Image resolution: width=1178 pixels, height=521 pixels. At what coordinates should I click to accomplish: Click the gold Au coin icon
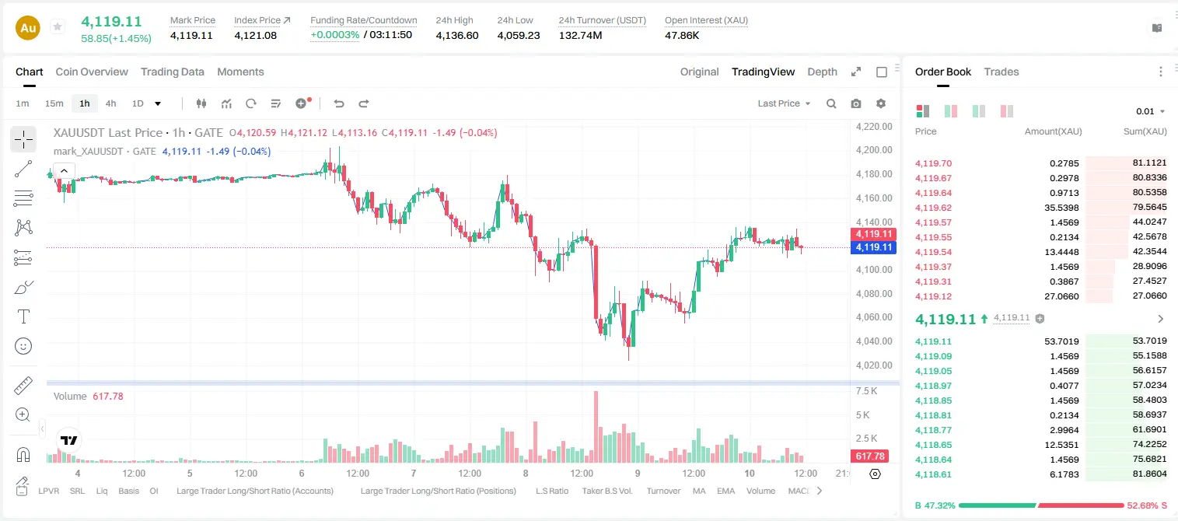coord(28,28)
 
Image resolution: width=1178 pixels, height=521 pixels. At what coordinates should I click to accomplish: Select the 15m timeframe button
coord(54,103)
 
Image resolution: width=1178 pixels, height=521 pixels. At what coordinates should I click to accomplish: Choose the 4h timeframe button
coord(110,103)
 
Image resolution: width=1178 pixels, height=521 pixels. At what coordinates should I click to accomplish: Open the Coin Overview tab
coord(92,72)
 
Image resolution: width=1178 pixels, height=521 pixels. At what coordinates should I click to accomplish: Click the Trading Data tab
coord(172,72)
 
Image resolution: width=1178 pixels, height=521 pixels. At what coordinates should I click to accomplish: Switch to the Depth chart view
coord(822,72)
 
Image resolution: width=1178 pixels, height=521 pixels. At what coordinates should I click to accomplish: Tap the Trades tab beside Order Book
coord(1001,72)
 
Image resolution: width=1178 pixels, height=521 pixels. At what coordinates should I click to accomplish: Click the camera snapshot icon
coord(856,103)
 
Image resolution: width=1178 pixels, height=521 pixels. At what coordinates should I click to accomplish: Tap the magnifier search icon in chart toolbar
coord(831,103)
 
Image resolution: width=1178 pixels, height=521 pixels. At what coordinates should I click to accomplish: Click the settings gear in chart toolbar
coord(881,103)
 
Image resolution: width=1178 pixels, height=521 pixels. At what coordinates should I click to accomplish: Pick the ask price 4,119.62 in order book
coord(934,208)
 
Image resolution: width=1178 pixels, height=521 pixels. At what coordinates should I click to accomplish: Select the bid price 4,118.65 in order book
coord(934,445)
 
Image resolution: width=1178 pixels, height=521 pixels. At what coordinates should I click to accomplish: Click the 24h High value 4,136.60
coord(457,35)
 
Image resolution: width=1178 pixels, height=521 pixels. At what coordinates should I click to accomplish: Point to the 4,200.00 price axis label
coord(874,150)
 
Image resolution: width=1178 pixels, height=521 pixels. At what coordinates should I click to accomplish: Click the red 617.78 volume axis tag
coord(870,456)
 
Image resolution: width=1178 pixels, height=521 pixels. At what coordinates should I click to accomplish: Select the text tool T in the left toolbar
coord(23,316)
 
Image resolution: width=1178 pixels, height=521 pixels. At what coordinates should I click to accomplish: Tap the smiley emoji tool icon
coord(23,346)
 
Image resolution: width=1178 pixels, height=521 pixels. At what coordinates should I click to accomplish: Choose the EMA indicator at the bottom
coord(725,491)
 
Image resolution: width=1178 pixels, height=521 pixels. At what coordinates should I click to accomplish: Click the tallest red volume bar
coord(596,427)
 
